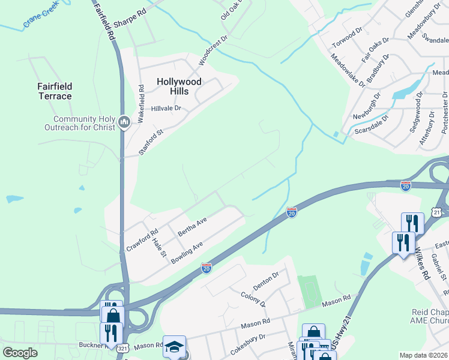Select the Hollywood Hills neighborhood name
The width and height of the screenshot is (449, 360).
pyautogui.click(x=179, y=86)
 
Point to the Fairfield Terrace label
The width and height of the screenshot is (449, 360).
pyautogui.click(x=55, y=91)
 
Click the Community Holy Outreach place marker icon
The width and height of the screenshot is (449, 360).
pyautogui.click(x=124, y=122)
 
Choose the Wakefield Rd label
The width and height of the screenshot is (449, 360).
pyautogui.click(x=142, y=104)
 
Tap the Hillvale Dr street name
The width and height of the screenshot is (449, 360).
pyautogui.click(x=166, y=109)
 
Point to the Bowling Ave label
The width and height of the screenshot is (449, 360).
pyautogui.click(x=187, y=252)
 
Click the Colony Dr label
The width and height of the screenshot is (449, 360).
pyautogui.click(x=253, y=299)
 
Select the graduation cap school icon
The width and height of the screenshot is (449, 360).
pyautogui.click(x=175, y=347)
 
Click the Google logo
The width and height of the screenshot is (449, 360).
pyautogui.click(x=20, y=352)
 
